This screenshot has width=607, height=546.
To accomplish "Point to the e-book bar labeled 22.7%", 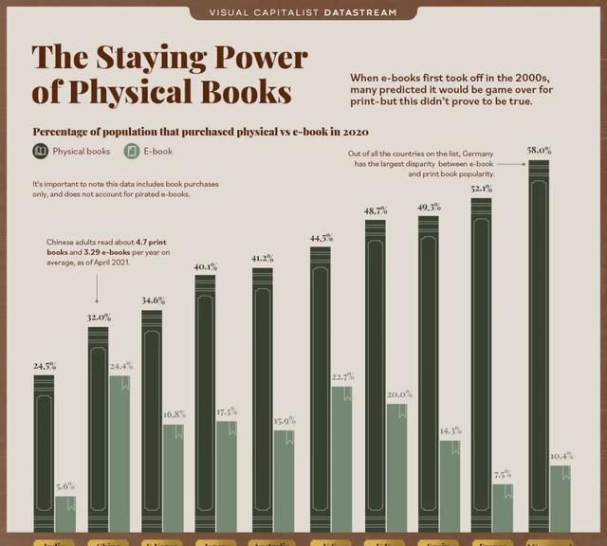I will tap(342, 459).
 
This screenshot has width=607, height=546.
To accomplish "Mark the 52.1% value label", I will tap(482, 189).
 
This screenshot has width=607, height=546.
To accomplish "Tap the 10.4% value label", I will tap(561, 456).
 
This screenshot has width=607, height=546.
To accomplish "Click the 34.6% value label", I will tap(152, 300).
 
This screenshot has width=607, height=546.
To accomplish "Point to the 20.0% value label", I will tap(397, 394).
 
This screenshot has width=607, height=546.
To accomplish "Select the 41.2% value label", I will tap(262, 258).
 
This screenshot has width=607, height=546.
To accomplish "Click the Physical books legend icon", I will tap(41, 152).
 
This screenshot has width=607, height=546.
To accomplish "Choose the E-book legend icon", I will tap(134, 152).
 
